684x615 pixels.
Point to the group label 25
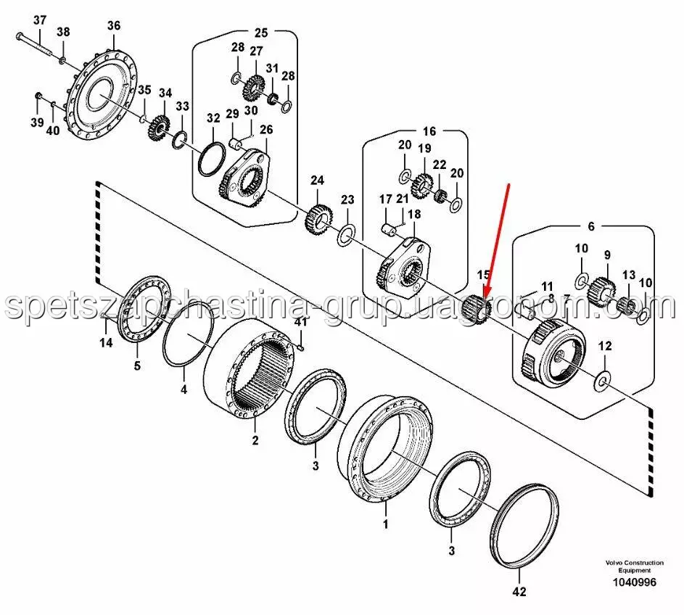coord(260,32)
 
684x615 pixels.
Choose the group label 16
coord(429,131)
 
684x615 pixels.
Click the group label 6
coord(590,226)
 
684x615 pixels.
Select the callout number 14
coord(106,343)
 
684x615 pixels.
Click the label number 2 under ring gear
coord(255,440)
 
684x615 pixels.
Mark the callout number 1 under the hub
coord(385,522)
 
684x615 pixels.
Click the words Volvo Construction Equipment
coord(630,566)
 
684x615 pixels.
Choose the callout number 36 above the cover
coord(114,25)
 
